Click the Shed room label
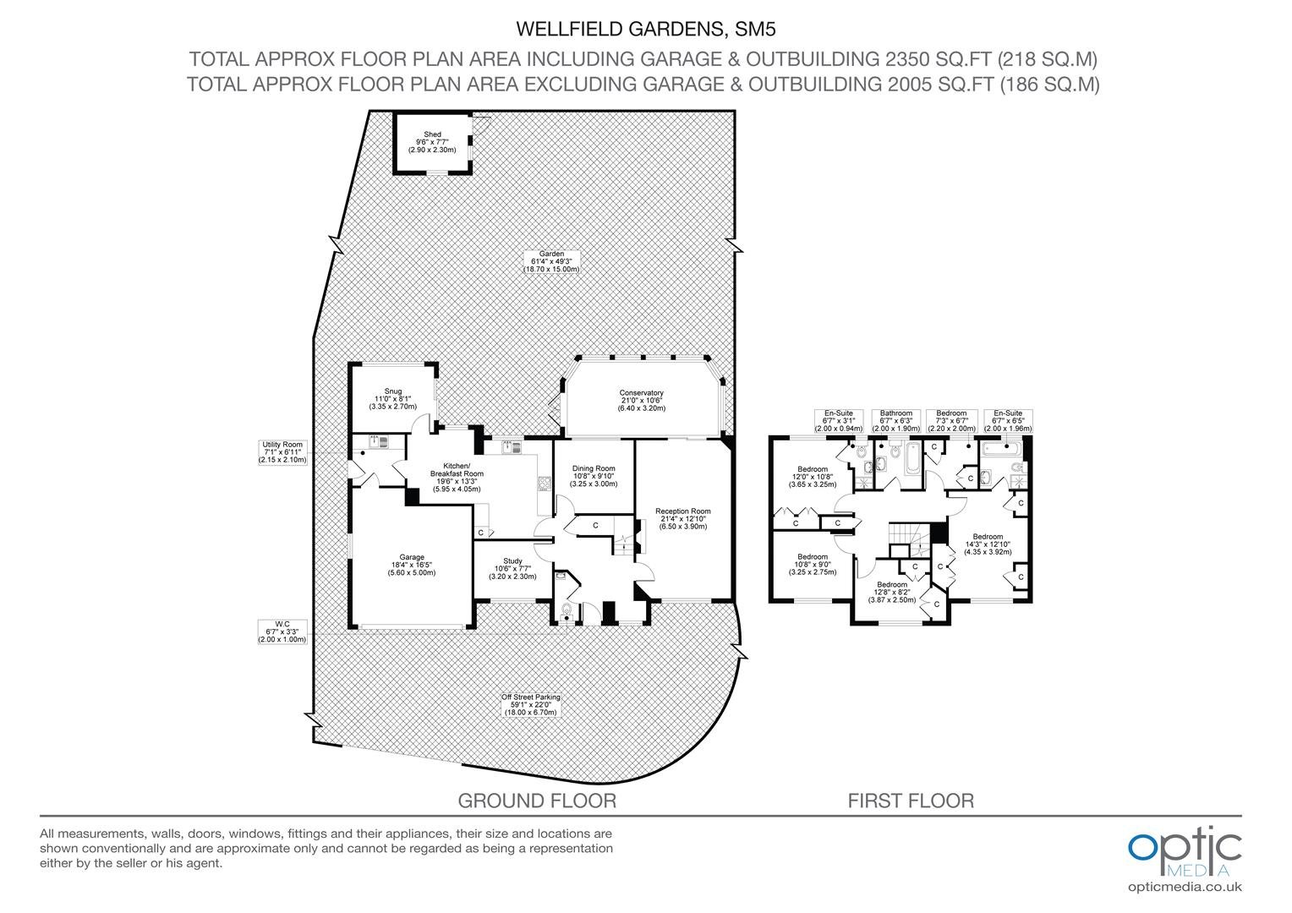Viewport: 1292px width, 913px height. pos(432,142)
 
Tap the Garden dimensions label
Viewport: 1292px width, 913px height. pos(551,262)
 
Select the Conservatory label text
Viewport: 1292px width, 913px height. pos(642,400)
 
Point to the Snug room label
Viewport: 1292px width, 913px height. pos(393,398)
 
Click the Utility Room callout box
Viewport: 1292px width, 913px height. pos(282,452)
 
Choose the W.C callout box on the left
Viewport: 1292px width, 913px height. pos(282,631)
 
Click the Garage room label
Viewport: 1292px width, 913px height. pos(412,565)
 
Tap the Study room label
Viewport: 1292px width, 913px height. pos(512,568)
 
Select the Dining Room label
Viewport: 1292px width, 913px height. pos(594,476)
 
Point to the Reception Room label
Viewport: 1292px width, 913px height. pos(683,518)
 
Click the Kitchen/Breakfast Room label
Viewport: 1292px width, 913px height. pos(457,477)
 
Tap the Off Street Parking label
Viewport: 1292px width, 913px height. pos(531,704)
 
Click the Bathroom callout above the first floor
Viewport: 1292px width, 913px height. pos(895,421)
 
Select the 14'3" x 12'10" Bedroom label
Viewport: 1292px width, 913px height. pos(988,544)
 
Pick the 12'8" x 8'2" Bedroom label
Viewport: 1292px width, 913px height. pos(892,592)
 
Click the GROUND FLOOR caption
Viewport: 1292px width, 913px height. pos(537,801)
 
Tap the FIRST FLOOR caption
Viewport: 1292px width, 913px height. pos(911,801)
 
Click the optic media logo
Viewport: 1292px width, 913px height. pos(1185,851)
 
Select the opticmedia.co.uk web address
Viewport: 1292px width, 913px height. pos(1185,887)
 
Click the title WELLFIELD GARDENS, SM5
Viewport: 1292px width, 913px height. pos(645,30)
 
